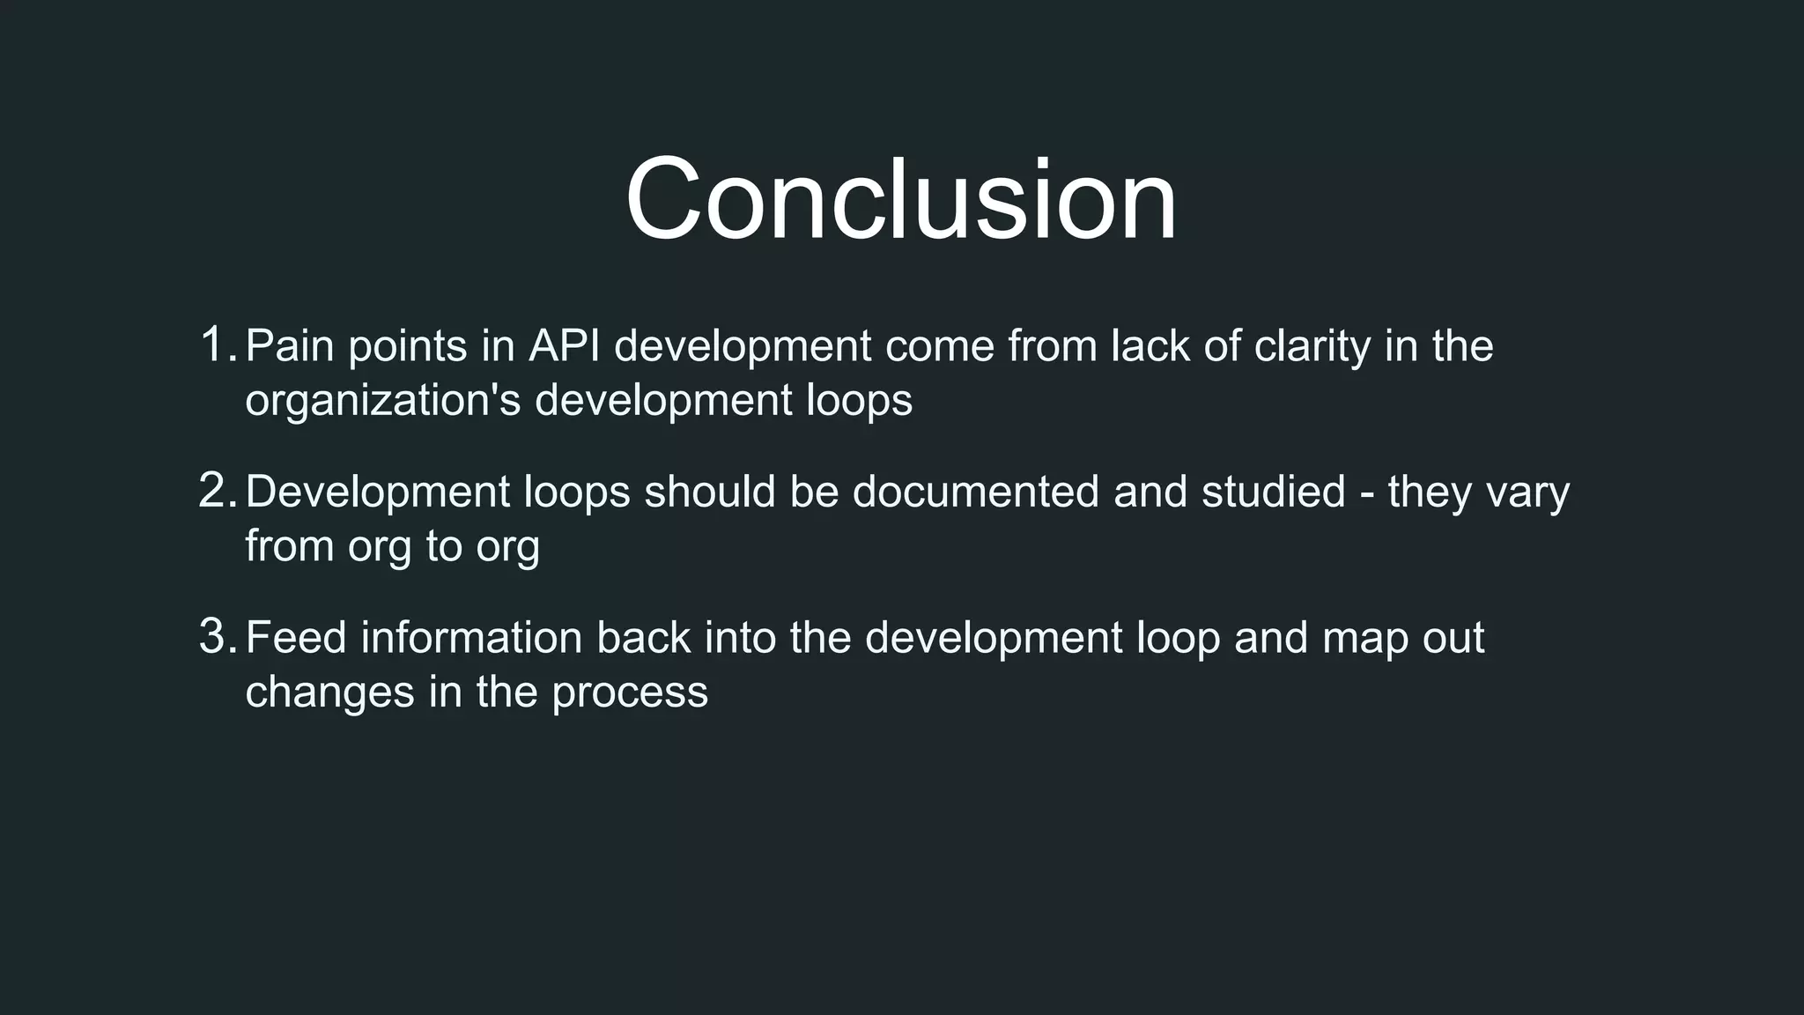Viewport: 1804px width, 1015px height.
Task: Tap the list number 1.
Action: (x=217, y=345)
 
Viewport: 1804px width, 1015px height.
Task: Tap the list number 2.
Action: (x=217, y=491)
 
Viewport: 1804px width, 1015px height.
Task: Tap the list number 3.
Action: (x=217, y=637)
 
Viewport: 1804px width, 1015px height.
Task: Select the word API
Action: (x=564, y=345)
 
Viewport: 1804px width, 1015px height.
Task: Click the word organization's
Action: (x=383, y=402)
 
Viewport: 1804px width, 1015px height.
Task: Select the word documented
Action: (x=975, y=492)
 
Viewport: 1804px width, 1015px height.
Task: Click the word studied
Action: (x=1273, y=492)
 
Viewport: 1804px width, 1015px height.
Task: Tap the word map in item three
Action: (x=1365, y=640)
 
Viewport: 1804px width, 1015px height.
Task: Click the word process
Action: (x=630, y=694)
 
